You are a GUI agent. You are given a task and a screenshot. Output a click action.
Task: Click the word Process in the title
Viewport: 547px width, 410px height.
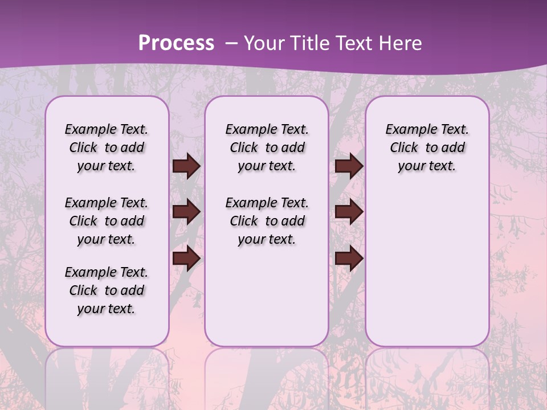click(176, 43)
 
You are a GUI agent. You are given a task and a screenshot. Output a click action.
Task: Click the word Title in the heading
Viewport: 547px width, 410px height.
click(311, 43)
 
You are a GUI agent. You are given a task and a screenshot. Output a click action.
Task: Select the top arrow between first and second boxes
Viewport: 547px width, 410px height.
click(186, 166)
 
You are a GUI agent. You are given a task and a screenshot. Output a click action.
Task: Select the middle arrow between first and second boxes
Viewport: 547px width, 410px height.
click(186, 212)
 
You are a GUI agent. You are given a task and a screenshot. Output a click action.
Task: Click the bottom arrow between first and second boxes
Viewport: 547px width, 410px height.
click(186, 259)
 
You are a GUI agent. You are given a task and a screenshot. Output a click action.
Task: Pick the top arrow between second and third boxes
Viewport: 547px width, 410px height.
click(349, 166)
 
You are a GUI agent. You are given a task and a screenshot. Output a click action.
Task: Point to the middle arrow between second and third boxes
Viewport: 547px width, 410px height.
click(349, 212)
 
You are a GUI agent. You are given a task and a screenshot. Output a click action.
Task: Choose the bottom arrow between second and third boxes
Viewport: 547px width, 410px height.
click(349, 259)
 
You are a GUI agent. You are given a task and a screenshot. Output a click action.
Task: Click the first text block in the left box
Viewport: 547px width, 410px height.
click(107, 147)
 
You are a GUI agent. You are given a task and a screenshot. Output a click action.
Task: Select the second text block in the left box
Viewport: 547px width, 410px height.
click(107, 221)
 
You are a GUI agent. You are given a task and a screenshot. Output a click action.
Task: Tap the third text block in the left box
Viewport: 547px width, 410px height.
click(107, 290)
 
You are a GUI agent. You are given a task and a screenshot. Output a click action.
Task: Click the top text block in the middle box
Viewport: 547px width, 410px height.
click(267, 147)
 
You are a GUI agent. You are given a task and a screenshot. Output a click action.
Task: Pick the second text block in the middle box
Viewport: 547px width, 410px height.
click(267, 221)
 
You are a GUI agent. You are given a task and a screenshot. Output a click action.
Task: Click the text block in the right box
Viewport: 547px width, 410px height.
click(427, 147)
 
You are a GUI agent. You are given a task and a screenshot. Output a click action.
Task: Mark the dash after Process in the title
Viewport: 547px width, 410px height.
click(231, 43)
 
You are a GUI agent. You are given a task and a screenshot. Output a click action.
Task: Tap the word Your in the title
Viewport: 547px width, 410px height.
click(263, 43)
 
